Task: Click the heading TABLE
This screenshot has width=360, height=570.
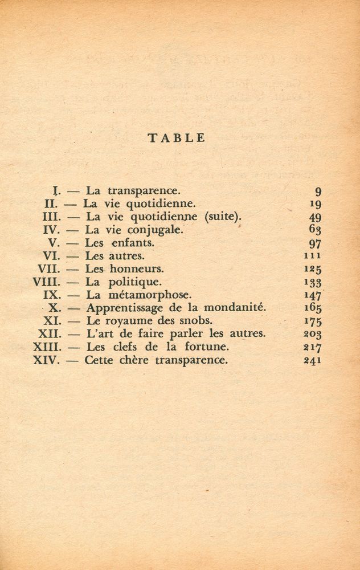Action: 176,138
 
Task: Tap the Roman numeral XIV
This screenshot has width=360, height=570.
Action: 46,360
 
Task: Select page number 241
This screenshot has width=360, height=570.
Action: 313,360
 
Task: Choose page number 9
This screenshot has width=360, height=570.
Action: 318,192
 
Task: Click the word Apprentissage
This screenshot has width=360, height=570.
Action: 117,308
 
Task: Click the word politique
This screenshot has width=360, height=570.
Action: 136,282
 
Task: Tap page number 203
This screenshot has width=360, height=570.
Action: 313,335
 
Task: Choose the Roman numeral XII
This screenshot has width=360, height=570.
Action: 50,334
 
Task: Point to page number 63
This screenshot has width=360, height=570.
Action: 315,230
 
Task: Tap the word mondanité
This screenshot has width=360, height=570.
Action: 235,308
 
